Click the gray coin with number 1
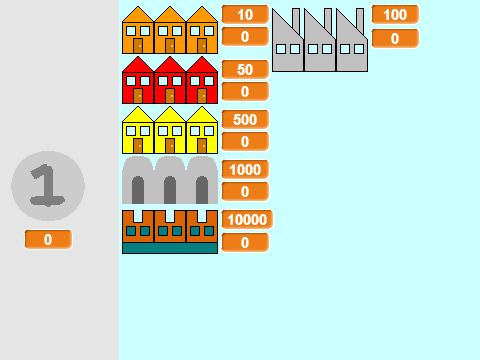[x=48, y=186]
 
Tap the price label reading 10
[x=245, y=14]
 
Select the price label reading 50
[x=245, y=69]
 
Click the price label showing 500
[x=245, y=119]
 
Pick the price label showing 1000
[x=245, y=169]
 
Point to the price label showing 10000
[x=247, y=219]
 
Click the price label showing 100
[x=395, y=14]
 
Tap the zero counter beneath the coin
[x=48, y=239]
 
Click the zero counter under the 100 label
[x=395, y=38]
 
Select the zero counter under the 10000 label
[x=245, y=242]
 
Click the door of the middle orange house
[x=170, y=46]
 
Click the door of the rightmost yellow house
[x=202, y=146]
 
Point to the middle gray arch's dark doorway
[x=170, y=190]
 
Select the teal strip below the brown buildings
[x=170, y=248]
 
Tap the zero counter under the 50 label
[x=245, y=91]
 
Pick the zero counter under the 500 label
[x=245, y=141]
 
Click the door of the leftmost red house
[x=138, y=96]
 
